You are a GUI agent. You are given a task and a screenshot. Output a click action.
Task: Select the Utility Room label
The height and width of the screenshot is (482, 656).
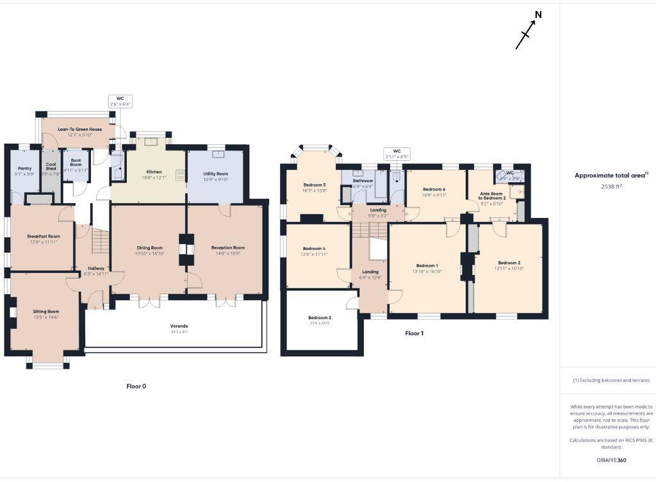[x=216, y=174]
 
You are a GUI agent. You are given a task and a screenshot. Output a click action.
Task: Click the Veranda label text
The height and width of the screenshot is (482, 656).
[x=179, y=326]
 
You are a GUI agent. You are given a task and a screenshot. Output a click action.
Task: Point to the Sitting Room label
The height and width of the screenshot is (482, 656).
[x=45, y=312]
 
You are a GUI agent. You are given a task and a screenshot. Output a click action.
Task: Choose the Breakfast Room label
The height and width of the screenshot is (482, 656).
[x=44, y=237]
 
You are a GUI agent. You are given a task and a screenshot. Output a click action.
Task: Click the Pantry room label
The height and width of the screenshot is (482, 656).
[x=24, y=169]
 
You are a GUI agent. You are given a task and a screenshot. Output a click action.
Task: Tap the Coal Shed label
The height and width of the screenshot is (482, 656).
[x=51, y=166]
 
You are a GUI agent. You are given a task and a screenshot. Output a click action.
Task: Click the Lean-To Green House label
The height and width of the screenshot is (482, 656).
[x=79, y=129]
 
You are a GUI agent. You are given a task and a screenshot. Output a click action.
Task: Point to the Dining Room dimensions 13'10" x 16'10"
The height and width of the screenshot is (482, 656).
[x=149, y=253]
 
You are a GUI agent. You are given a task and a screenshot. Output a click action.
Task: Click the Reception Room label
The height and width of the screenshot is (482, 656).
[x=228, y=247]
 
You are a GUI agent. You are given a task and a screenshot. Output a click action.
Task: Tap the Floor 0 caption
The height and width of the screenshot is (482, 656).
[x=136, y=386]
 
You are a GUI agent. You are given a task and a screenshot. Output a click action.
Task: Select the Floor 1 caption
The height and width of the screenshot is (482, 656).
[x=414, y=333]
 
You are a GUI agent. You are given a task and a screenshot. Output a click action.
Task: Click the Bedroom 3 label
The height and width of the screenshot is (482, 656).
[x=319, y=318]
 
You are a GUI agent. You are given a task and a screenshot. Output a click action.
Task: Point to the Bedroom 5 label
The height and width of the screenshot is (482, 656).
[x=315, y=185]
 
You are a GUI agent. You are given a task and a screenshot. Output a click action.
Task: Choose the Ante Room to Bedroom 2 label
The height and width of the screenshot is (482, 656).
[x=493, y=195]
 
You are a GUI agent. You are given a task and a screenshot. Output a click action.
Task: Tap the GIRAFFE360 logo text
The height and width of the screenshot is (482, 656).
[x=607, y=460]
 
